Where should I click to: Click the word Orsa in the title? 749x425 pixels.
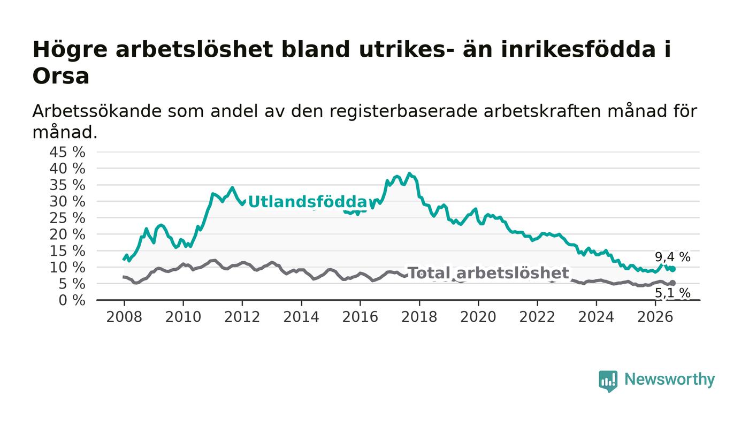point(61,76)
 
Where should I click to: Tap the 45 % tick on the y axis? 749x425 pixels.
point(67,152)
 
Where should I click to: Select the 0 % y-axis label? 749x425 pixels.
point(72,300)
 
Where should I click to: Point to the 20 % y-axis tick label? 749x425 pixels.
point(67,234)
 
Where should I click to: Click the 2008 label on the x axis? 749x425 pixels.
point(124,317)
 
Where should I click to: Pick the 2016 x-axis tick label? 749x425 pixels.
point(360,317)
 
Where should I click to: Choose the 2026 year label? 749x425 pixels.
point(655,317)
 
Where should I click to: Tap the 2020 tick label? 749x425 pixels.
point(478,317)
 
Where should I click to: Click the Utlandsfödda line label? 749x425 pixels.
point(308,202)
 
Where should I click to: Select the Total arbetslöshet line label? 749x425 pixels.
point(488,273)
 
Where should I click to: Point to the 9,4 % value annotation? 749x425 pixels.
point(672,257)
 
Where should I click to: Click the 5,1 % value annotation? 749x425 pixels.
point(672,293)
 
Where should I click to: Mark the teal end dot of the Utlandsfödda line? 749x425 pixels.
point(673,269)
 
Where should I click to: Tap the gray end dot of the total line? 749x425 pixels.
point(673,283)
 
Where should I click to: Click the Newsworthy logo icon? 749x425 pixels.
point(608,381)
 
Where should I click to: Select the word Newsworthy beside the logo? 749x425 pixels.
point(669,380)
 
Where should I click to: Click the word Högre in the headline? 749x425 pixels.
point(70,50)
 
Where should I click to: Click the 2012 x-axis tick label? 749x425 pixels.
point(242,317)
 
